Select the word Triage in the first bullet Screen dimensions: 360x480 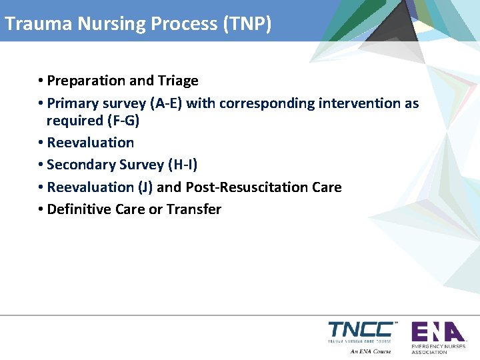point(178,81)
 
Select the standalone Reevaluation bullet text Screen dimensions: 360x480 point(91,143)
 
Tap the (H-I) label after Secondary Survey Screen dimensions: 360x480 point(182,165)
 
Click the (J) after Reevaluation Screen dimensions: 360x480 point(145,187)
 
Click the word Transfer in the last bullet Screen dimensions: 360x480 point(194,209)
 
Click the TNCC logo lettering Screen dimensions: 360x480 point(360,329)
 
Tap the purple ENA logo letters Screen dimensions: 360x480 point(437,331)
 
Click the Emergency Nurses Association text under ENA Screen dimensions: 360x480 point(438,349)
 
